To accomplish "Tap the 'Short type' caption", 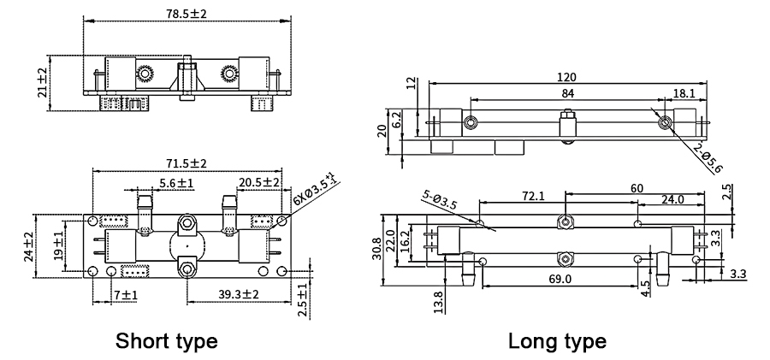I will pyautogui.click(x=167, y=341).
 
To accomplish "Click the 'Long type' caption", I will pyautogui.click(x=557, y=341).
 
